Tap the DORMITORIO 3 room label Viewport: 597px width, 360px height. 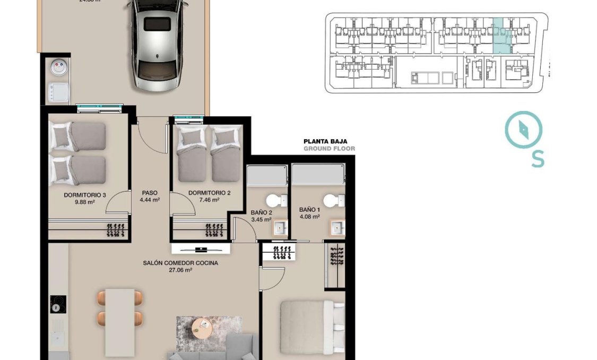pos(85,195)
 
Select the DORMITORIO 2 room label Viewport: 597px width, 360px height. pos(209,193)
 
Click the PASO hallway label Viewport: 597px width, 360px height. pos(150,193)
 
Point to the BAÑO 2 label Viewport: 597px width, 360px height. pos(261,212)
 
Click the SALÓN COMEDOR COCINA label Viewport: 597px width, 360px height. pos(180,263)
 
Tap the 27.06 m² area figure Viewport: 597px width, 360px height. pos(180,270)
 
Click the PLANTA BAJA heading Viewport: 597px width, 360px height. pos(325,141)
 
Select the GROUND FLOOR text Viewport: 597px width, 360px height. pos(329,149)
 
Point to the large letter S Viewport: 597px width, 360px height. pos(538,159)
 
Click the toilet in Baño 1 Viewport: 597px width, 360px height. pos(331,201)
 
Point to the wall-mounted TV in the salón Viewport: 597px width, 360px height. pos(201,249)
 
